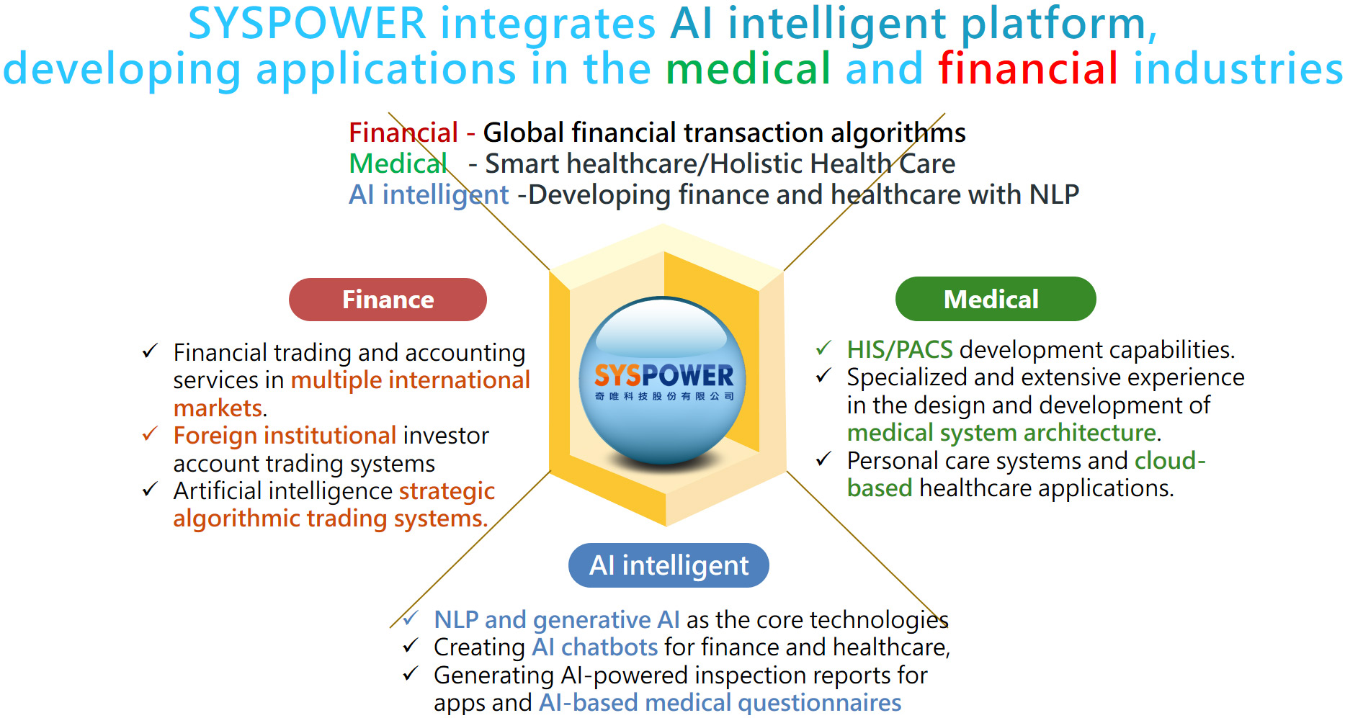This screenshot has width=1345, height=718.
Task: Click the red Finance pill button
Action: click(x=388, y=300)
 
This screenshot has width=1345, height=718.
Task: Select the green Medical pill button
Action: click(x=996, y=299)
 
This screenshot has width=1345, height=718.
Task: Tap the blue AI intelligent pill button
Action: click(x=669, y=565)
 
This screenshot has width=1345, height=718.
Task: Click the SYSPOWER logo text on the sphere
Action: click(x=663, y=375)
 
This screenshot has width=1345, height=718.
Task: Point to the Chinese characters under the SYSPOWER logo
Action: click(x=664, y=396)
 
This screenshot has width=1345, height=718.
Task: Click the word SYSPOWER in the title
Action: click(x=307, y=24)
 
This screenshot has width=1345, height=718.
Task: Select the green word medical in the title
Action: click(x=749, y=69)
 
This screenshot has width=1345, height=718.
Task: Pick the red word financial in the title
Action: click(x=1028, y=68)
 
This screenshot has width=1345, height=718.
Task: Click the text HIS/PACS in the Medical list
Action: click(x=900, y=350)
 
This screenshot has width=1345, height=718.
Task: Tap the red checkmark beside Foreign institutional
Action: click(x=150, y=434)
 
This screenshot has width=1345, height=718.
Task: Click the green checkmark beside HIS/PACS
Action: click(x=823, y=349)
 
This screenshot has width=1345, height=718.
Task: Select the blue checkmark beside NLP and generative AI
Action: click(x=411, y=619)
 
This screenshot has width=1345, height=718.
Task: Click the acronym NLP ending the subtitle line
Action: click(x=1054, y=194)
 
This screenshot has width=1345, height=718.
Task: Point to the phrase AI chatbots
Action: click(x=595, y=647)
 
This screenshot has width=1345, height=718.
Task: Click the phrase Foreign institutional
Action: click(x=285, y=436)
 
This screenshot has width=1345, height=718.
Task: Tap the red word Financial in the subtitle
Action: click(x=403, y=133)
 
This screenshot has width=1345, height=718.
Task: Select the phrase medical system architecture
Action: click(x=1002, y=433)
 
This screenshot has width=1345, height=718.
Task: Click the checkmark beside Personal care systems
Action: click(x=823, y=459)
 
